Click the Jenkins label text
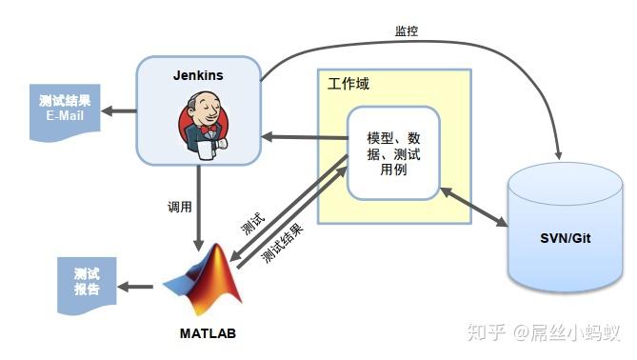[x=198, y=74]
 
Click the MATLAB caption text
[x=207, y=333]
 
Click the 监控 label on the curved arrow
[x=407, y=30]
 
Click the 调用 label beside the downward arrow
[x=179, y=206]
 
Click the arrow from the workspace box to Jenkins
[x=303, y=138]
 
